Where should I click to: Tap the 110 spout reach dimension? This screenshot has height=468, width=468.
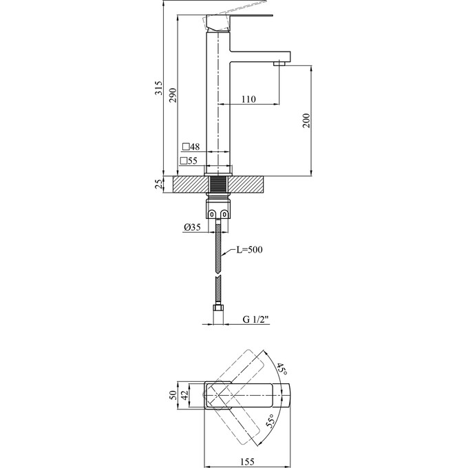(248, 100)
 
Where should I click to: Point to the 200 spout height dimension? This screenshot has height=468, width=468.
(307, 120)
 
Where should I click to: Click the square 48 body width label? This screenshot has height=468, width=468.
(191, 147)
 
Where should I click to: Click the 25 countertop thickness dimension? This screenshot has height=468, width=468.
(159, 184)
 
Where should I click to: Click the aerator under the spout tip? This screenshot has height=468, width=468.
(279, 63)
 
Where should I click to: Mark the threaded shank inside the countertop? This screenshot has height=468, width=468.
(219, 184)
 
